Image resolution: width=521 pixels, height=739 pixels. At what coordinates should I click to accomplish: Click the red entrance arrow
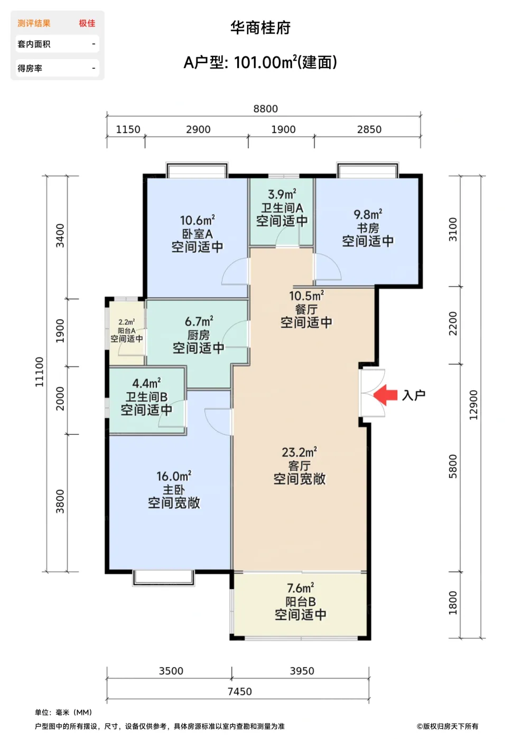[x=385, y=395]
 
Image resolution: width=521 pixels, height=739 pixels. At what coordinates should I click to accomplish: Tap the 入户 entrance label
[x=413, y=395]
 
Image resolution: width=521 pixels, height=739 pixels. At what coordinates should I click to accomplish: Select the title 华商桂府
[x=260, y=27]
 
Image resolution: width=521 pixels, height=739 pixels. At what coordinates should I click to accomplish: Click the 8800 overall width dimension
[x=265, y=109]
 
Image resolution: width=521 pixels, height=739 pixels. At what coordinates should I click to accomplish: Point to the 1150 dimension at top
[x=128, y=129]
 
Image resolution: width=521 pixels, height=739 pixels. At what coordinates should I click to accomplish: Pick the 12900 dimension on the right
[x=473, y=405]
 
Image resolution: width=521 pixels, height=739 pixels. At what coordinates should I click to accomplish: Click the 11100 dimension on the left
[x=39, y=372]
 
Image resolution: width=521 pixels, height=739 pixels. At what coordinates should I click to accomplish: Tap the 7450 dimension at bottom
[x=240, y=691]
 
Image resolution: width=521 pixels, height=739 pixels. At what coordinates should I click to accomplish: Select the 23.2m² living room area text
[x=300, y=452]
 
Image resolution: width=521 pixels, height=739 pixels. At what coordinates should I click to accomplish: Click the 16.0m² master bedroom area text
[x=174, y=476]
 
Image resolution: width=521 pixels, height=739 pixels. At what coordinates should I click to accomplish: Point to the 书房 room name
[x=368, y=228]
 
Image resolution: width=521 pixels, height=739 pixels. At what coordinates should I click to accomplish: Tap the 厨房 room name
[x=199, y=335]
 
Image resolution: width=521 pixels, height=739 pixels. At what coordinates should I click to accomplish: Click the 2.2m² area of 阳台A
[x=126, y=322]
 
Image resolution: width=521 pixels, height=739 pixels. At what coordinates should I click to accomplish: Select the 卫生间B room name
[x=146, y=396]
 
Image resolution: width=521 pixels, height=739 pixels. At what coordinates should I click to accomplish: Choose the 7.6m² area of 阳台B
[x=301, y=588]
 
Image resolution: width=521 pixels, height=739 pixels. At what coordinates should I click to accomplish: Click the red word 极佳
[x=87, y=23]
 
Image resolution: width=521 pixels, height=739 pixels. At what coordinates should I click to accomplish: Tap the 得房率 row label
[x=30, y=68]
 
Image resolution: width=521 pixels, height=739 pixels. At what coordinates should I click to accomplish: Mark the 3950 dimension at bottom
[x=302, y=671]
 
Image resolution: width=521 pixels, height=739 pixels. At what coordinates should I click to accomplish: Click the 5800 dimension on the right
[x=453, y=466]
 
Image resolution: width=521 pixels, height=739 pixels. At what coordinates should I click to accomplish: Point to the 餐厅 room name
[x=306, y=309]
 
